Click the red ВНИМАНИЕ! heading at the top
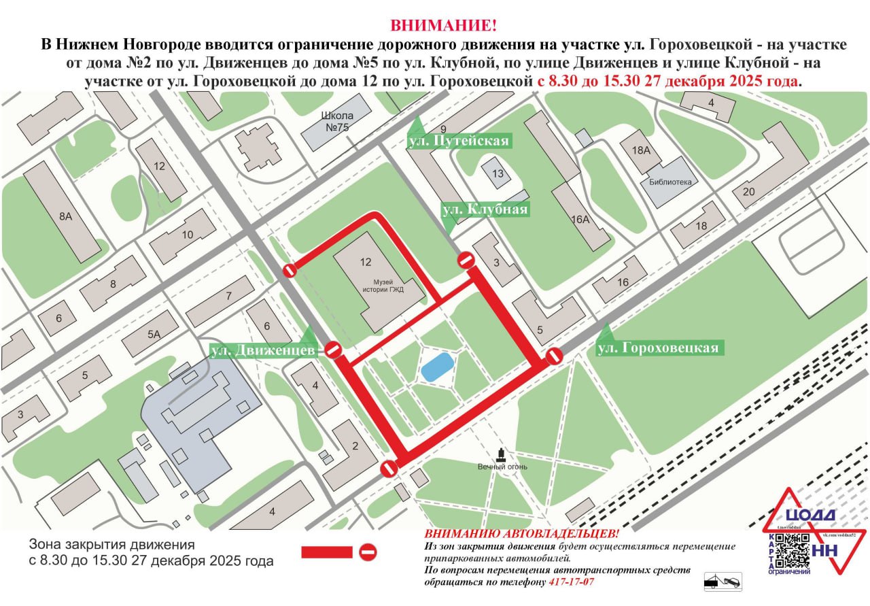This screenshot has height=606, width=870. [442, 27]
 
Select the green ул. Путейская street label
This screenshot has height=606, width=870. [458, 141]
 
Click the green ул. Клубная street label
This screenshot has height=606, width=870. [485, 209]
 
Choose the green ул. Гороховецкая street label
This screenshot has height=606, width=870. [657, 348]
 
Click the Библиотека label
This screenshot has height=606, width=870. [670, 182]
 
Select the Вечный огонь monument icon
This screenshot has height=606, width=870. [502, 455]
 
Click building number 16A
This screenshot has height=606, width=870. [580, 219]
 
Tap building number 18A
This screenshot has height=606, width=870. [641, 150]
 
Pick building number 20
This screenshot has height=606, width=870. [748, 192]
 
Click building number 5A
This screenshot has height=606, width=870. [154, 334]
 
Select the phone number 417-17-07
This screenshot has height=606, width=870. [571, 582]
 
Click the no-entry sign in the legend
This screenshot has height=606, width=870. [368, 552]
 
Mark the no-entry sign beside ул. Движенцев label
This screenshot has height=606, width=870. [332, 350]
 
